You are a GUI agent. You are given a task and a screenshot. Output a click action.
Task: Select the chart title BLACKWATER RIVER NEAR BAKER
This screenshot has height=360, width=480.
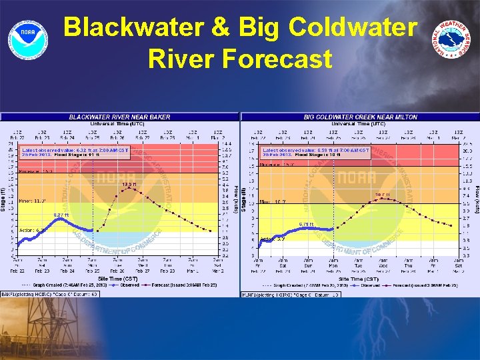point(120,117)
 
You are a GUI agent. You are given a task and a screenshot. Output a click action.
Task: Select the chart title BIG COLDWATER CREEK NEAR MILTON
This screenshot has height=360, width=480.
point(360,117)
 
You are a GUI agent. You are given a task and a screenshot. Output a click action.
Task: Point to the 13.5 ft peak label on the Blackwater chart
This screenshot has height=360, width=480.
point(129,183)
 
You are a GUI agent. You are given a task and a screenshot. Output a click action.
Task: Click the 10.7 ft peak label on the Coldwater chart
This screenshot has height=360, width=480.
point(381,195)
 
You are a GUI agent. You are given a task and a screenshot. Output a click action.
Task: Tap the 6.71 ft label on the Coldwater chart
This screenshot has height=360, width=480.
point(306,224)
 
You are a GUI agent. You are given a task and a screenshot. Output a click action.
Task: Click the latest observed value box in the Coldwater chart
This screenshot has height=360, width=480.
point(315,153)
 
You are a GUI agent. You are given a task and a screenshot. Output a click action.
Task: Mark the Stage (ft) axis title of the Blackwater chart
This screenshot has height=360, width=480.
point(3,200)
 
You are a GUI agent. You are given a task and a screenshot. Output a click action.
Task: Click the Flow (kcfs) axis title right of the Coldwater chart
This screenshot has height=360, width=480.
point(476,200)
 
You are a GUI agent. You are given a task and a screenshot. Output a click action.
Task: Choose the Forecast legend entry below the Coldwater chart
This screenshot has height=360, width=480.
point(420,285)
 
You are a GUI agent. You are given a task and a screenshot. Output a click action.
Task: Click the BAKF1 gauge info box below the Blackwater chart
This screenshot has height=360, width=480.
point(49,293)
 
